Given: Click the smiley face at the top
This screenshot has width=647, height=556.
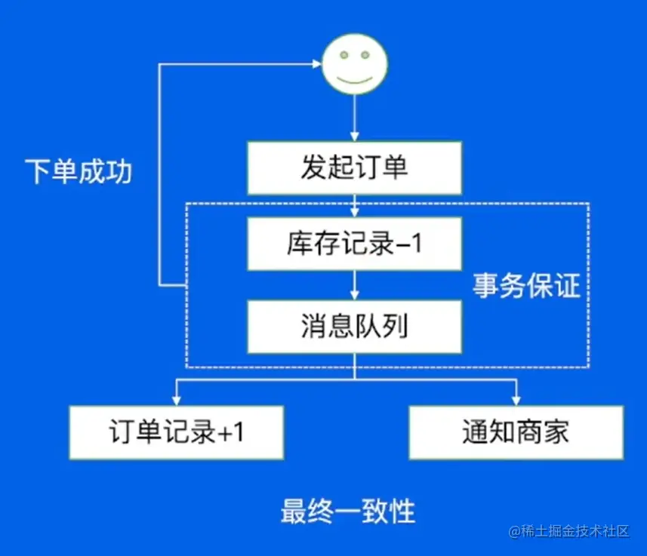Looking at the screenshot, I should [354, 64].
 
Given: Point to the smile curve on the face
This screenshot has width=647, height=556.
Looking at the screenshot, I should [354, 78].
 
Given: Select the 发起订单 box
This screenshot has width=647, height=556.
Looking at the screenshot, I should [354, 167].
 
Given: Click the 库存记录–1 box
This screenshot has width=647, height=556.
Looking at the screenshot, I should [354, 243].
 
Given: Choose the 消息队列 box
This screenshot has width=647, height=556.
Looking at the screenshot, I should [354, 326].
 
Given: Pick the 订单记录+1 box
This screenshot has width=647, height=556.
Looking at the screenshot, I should [177, 432].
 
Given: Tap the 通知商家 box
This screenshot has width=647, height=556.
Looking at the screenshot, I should [516, 432].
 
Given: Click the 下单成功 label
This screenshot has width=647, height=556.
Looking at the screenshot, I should [79, 172].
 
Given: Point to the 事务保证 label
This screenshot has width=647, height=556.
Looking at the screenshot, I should [527, 286].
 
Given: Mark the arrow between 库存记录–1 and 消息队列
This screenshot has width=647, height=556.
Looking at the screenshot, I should [354, 284].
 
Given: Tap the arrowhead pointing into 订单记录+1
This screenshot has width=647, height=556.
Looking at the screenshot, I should [177, 401].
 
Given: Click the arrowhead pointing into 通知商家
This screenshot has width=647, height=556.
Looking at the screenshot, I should [516, 401].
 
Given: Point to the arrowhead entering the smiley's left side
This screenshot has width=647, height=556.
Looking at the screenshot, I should [316, 64].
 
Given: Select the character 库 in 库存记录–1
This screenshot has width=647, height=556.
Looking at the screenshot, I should [299, 243].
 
